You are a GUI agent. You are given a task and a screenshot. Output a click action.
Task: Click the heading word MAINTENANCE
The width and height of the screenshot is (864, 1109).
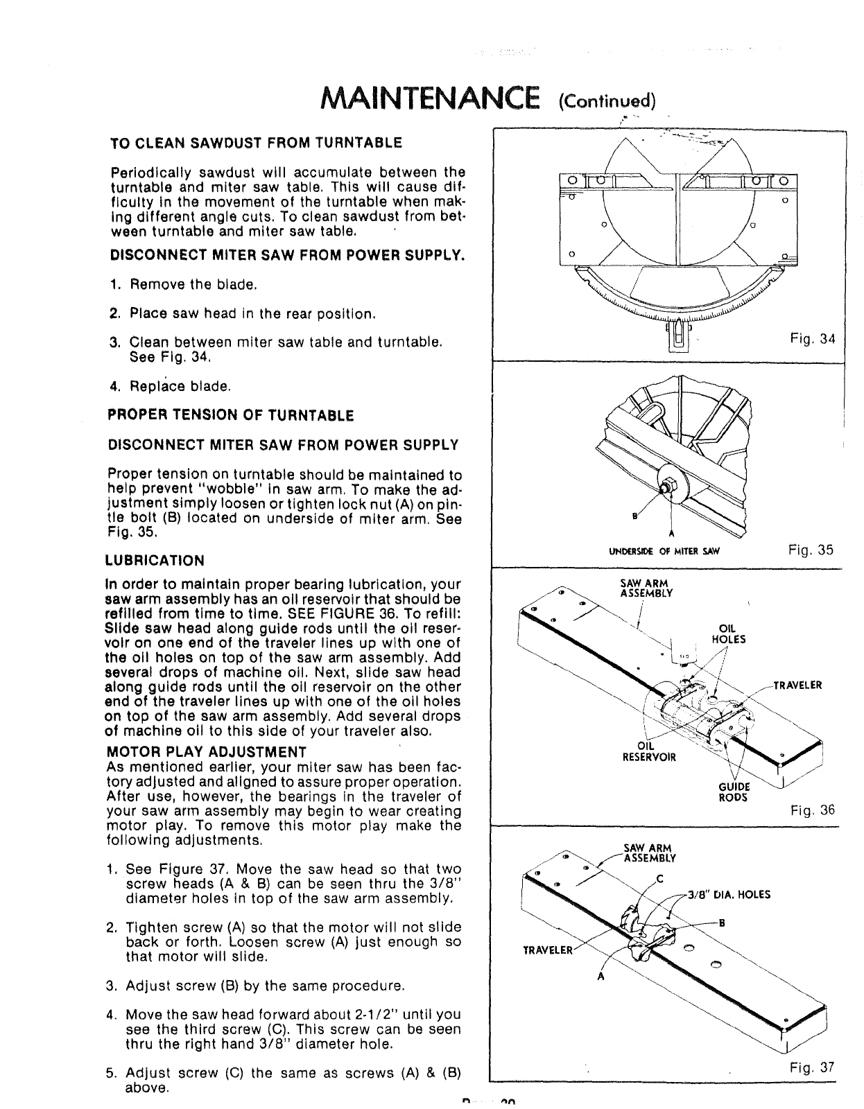[428, 98]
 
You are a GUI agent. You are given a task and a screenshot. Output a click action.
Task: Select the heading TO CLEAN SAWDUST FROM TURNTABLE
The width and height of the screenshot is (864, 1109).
[256, 143]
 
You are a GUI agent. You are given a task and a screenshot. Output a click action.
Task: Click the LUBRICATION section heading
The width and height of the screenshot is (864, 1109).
[155, 560]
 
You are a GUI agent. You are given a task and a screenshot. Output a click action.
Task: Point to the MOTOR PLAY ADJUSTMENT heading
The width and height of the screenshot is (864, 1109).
[207, 752]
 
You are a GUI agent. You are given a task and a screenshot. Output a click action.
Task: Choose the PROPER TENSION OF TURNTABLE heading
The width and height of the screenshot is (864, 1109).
[231, 415]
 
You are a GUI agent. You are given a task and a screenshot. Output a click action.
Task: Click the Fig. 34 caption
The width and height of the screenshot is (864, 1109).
[813, 339]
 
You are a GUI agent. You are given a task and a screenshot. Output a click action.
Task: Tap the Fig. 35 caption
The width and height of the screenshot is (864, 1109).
[811, 550]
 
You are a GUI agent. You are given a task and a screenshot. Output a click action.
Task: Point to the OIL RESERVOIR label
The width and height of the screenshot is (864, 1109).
[648, 751]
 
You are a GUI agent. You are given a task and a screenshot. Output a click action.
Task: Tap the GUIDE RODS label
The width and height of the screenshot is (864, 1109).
[733, 792]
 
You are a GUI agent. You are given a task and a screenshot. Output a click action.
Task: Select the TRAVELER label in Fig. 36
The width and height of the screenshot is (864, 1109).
[797, 686]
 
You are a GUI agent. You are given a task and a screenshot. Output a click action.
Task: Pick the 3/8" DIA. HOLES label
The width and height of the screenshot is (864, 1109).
[729, 894]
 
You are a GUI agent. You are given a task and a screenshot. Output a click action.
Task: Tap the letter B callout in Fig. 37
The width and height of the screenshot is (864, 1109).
[723, 923]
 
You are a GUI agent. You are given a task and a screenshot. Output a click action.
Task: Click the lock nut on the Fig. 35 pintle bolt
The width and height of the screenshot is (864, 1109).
[667, 486]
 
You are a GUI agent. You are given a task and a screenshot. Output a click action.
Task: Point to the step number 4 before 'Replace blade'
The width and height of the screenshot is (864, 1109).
[114, 386]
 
